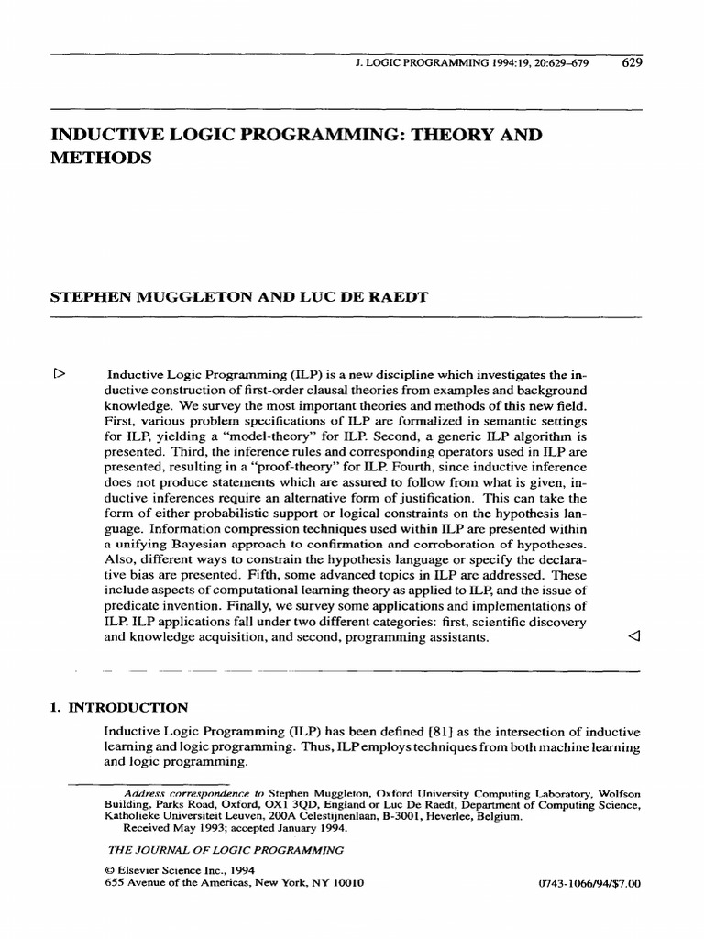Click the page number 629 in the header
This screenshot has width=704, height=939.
point(632,63)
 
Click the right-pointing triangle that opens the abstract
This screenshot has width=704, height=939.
point(60,373)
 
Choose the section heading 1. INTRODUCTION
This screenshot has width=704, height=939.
point(117,707)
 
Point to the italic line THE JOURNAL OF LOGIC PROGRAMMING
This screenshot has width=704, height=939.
point(225,849)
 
